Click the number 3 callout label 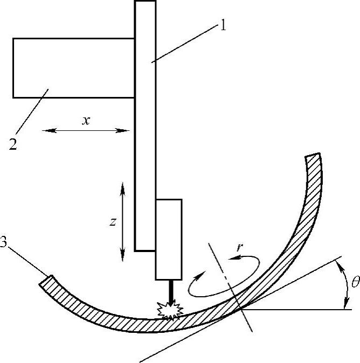(4, 243)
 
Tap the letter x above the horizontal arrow (85, 120)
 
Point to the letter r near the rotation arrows (240, 248)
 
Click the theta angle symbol (353, 281)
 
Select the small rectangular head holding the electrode (168, 239)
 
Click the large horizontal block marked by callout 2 (73, 68)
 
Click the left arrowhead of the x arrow (44, 130)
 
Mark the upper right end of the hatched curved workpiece (313, 157)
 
